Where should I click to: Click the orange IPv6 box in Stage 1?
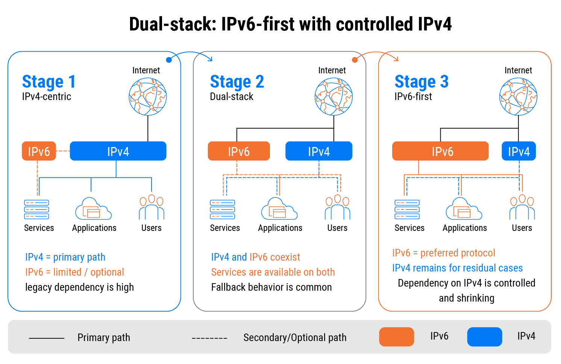(39, 151)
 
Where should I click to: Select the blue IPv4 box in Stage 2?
(318, 151)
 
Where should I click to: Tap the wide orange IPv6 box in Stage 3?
(440, 151)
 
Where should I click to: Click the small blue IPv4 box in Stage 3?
(519, 151)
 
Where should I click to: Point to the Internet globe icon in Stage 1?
(148, 97)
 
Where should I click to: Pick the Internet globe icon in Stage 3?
(518, 97)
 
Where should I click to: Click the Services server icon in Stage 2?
(222, 209)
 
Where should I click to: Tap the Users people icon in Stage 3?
(522, 208)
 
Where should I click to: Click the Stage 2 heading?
(237, 82)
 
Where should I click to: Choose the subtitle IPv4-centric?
(47, 97)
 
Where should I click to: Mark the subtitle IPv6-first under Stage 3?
(413, 97)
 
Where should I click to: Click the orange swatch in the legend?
(396, 337)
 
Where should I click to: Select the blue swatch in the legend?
(484, 337)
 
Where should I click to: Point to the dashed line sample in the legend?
(209, 338)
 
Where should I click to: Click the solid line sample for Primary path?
(47, 338)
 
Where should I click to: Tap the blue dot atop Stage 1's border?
(169, 60)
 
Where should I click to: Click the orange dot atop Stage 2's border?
(355, 60)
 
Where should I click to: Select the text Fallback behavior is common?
(271, 287)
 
